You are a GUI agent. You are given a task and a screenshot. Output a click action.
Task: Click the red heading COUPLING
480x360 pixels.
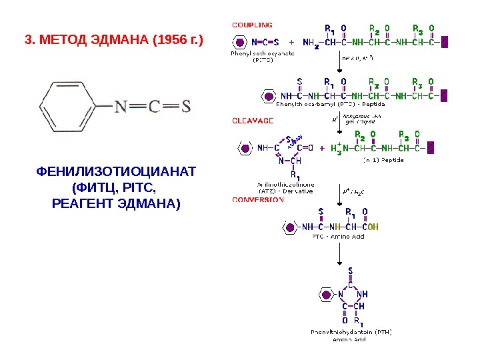pos(251,25)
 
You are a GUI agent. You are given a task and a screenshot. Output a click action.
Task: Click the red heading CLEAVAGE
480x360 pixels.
pos(252,121)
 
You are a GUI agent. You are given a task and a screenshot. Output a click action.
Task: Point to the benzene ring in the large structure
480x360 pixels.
pos(69,106)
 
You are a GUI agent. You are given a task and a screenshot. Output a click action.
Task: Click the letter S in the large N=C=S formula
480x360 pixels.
pos(186,107)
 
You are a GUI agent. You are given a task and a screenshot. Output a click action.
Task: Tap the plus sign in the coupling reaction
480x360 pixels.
pos(291,41)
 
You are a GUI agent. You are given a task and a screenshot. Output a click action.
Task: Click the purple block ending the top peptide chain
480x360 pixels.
pos(445,41)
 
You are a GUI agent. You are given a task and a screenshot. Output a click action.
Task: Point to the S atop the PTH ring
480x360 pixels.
pos(350,271)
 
